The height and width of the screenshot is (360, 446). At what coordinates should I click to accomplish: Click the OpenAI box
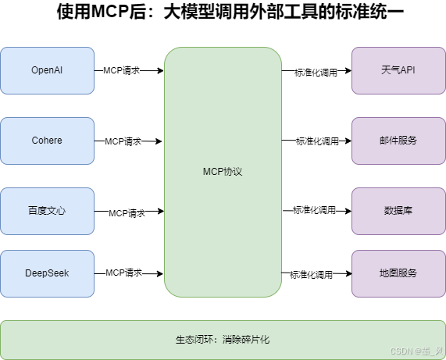click(47, 70)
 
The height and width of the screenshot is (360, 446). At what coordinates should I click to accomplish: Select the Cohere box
click(47, 141)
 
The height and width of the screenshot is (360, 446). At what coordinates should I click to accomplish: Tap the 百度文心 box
click(47, 211)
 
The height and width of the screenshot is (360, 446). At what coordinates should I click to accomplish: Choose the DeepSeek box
click(47, 273)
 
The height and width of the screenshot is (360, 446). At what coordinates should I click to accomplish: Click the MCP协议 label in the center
click(223, 172)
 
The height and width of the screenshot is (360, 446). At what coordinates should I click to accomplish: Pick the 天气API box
click(398, 70)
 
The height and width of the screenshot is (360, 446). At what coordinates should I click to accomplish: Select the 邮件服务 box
click(398, 141)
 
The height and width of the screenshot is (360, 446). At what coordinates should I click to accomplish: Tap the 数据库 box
click(398, 211)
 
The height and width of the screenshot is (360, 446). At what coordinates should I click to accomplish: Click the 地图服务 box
click(398, 273)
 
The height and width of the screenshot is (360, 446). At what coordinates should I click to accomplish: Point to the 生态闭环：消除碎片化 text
click(223, 340)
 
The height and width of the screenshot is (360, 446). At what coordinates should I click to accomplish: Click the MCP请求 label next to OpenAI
click(122, 70)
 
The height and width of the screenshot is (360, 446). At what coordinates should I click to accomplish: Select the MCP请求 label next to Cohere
click(123, 141)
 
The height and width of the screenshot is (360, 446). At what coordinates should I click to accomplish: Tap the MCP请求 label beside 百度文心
click(127, 212)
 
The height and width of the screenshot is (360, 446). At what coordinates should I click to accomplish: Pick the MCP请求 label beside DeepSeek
click(123, 273)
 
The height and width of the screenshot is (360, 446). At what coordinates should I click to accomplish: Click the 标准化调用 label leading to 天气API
click(316, 73)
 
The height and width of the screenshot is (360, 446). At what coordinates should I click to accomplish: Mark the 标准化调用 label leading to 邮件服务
click(317, 142)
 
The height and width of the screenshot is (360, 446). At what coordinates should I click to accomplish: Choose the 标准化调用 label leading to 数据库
click(314, 211)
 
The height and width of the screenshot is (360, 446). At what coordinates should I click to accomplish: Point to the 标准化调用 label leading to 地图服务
click(312, 275)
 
